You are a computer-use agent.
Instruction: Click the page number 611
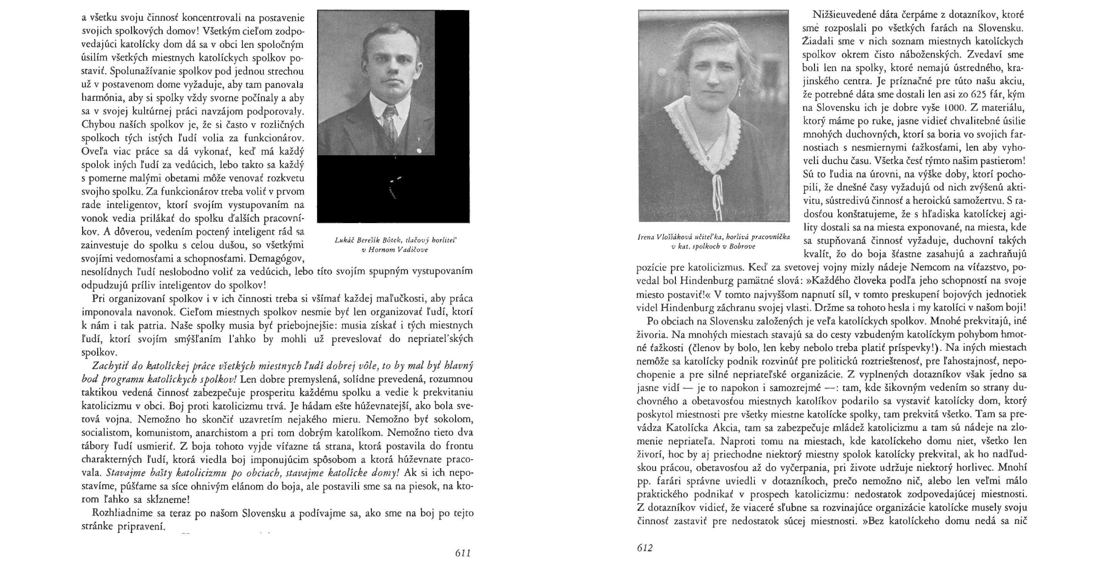pyautogui.click(x=462, y=553)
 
